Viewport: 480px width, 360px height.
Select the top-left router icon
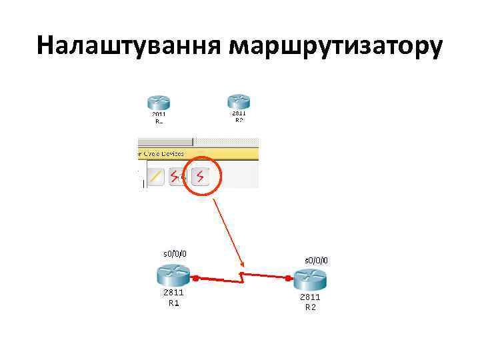(x=159, y=103)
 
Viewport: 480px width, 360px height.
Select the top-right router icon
(x=239, y=101)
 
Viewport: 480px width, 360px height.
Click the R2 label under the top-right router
(x=239, y=120)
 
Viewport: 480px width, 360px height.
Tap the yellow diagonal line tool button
(x=155, y=177)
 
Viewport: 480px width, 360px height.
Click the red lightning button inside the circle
(x=200, y=176)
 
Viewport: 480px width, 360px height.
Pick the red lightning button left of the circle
(x=177, y=177)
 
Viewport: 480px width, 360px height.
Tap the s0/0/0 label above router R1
(x=175, y=253)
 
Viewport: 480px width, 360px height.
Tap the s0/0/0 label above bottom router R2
(x=316, y=259)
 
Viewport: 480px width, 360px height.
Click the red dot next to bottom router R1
(x=197, y=277)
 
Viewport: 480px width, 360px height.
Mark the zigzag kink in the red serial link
(x=243, y=275)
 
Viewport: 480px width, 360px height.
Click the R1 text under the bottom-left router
(x=173, y=303)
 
